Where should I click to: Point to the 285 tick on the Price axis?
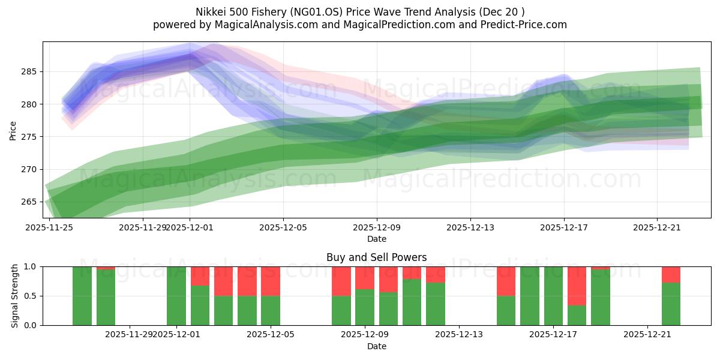click(29, 72)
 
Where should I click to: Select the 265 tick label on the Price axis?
click(29, 202)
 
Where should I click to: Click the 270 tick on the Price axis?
click(29, 169)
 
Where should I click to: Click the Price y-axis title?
click(13, 130)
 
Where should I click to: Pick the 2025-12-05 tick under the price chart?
click(283, 227)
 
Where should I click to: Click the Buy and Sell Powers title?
click(376, 257)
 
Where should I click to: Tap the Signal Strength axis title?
click(15, 296)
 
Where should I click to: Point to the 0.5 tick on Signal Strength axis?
click(30, 296)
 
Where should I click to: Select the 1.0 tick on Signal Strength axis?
click(30, 266)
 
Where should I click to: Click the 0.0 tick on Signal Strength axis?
click(30, 325)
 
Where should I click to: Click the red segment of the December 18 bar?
click(577, 286)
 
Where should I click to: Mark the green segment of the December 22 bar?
click(671, 304)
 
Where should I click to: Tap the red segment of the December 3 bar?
click(223, 281)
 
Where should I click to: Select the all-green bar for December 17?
click(553, 296)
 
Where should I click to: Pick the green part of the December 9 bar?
click(365, 307)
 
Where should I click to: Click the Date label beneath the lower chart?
click(376, 346)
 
